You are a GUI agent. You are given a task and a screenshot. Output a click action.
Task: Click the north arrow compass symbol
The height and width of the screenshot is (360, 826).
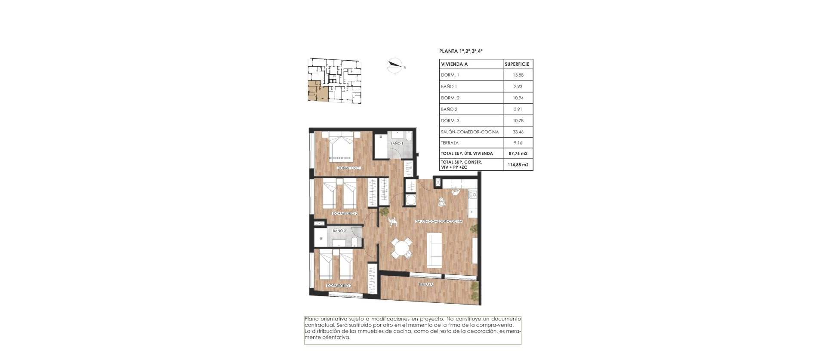(x=395, y=66)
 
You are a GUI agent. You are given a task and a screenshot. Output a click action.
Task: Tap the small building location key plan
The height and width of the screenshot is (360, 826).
(x=334, y=80)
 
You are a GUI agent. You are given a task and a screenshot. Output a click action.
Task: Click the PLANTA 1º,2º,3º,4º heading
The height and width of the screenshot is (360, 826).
(x=461, y=51)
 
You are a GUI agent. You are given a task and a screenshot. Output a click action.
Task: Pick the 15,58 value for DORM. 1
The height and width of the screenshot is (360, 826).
(x=518, y=75)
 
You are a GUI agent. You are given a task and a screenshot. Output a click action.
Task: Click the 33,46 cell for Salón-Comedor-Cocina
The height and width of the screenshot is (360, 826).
(x=518, y=132)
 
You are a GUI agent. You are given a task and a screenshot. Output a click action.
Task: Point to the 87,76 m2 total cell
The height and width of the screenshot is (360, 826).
(x=518, y=154)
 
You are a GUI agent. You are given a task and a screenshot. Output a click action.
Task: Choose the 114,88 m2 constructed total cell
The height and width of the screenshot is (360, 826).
(x=518, y=164)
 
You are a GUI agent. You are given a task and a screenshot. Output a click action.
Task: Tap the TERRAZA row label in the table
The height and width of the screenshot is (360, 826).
(x=450, y=143)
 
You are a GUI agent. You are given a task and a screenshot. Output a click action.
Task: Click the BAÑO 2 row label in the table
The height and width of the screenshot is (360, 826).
(x=449, y=109)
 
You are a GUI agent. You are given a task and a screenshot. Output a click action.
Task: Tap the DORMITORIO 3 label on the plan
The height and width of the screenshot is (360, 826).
(x=339, y=286)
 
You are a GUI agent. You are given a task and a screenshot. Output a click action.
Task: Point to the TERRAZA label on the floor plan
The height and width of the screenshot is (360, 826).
(x=425, y=284)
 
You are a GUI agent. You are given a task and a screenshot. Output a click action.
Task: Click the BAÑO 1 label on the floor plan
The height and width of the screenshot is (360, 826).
(x=396, y=143)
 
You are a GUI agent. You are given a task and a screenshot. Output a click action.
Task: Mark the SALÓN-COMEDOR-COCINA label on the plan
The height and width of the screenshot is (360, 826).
(x=439, y=222)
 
